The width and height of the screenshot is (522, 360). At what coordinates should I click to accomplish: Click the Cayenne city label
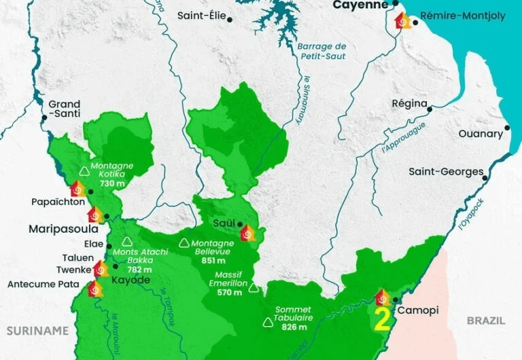click(360, 5)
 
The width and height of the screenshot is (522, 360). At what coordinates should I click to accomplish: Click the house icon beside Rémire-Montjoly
click(403, 20)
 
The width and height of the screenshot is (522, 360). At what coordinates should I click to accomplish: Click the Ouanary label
click(481, 134)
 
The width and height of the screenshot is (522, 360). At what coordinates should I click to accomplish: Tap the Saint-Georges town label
click(445, 172)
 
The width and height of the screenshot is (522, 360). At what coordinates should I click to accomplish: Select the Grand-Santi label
click(64, 109)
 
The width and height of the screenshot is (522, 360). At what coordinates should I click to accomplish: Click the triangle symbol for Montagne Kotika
click(85, 171)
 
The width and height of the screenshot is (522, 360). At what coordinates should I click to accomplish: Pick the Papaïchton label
click(57, 202)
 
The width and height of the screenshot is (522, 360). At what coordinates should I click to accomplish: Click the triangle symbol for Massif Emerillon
click(254, 287)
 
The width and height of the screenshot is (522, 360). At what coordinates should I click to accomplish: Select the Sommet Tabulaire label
click(293, 314)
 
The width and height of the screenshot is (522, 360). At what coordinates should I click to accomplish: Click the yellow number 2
click(382, 320)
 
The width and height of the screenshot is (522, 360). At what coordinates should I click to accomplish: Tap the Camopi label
click(417, 310)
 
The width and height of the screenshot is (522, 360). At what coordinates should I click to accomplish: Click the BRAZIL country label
click(487, 319)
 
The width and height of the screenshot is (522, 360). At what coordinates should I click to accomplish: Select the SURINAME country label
click(37, 331)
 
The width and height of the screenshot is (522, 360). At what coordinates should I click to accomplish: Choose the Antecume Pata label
click(43, 285)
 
